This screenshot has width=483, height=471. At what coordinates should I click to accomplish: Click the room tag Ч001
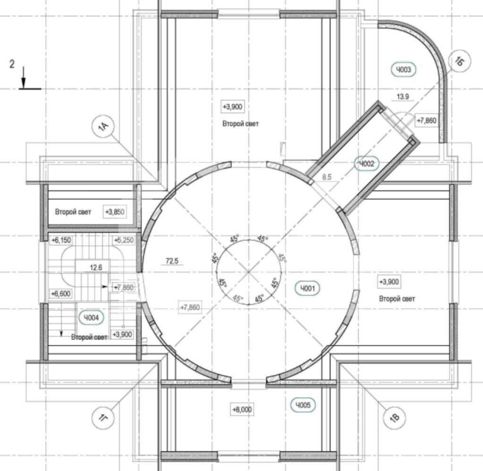pyautogui.click(x=307, y=288)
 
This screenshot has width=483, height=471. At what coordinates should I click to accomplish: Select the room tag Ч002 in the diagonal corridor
pyautogui.click(x=366, y=163)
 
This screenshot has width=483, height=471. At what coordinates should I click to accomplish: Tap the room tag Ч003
pyautogui.click(x=403, y=69)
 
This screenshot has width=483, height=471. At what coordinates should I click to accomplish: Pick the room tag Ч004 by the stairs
pyautogui.click(x=91, y=317)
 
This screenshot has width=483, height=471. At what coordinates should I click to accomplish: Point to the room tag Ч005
pyautogui.click(x=303, y=405)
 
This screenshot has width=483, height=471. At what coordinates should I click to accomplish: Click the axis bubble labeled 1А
pyautogui.click(x=103, y=126)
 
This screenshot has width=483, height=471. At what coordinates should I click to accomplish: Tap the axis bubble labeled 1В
pyautogui.click(x=395, y=418)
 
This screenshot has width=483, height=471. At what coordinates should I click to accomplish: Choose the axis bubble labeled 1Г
pyautogui.click(x=103, y=418)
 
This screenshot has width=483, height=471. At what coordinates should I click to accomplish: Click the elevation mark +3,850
pyautogui.click(x=115, y=212)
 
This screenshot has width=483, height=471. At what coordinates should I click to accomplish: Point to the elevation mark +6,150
pyautogui.click(x=61, y=240)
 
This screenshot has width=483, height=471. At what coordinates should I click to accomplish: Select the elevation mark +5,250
pyautogui.click(x=124, y=240)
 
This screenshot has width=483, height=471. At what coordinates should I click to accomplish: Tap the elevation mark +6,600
pyautogui.click(x=61, y=294)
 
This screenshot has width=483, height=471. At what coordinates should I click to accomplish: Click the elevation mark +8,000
pyautogui.click(x=242, y=410)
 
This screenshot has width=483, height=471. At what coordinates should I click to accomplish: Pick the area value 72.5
pyautogui.click(x=172, y=261)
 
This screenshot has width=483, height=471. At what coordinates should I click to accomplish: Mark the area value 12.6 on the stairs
pyautogui.click(x=96, y=267)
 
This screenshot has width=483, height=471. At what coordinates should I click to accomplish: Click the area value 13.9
pyautogui.click(x=403, y=97)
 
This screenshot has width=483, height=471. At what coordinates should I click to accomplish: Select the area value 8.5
pyautogui.click(x=327, y=177)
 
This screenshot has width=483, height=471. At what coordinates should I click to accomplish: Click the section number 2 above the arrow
pyautogui.click(x=12, y=64)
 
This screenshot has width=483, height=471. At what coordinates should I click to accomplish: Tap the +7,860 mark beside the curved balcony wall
pyautogui.click(x=427, y=120)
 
